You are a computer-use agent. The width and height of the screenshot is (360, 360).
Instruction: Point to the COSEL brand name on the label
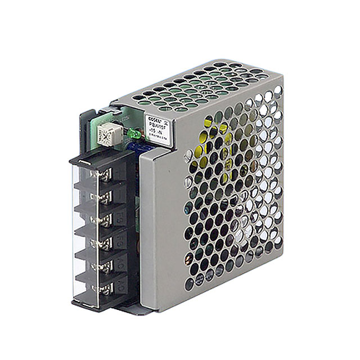coord(154,120)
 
